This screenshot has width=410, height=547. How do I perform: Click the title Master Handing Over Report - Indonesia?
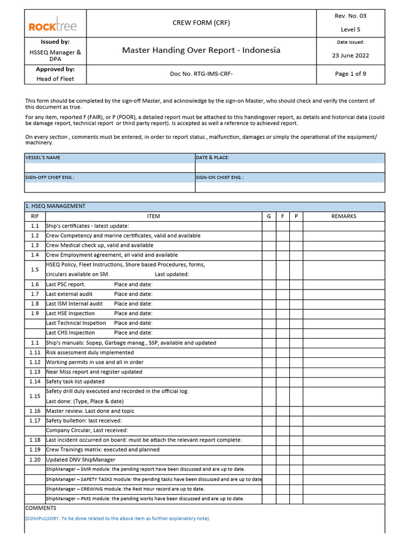point(201,50)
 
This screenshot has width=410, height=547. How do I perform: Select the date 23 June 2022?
point(350,56)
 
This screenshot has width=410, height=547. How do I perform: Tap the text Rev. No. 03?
point(350,15)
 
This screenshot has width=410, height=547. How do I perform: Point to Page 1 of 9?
point(350,74)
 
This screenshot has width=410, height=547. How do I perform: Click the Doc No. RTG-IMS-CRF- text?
point(201,74)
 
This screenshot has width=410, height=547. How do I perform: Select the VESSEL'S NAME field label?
point(43,158)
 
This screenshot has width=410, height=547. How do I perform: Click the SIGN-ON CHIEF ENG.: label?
point(219,177)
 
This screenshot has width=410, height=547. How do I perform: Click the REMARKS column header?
point(344,216)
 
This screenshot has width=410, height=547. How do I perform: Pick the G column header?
point(269,216)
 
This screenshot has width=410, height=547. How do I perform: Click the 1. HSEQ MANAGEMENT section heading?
point(56,206)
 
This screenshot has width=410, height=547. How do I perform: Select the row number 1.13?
point(35,372)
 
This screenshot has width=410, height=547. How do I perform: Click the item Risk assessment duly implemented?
point(90,353)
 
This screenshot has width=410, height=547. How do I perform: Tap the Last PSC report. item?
point(66,284)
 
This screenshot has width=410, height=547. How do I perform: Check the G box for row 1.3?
point(269,245)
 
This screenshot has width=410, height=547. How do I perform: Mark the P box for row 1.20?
point(296,460)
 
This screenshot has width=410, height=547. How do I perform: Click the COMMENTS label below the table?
point(41,508)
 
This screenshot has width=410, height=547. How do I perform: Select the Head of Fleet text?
point(55,79)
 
